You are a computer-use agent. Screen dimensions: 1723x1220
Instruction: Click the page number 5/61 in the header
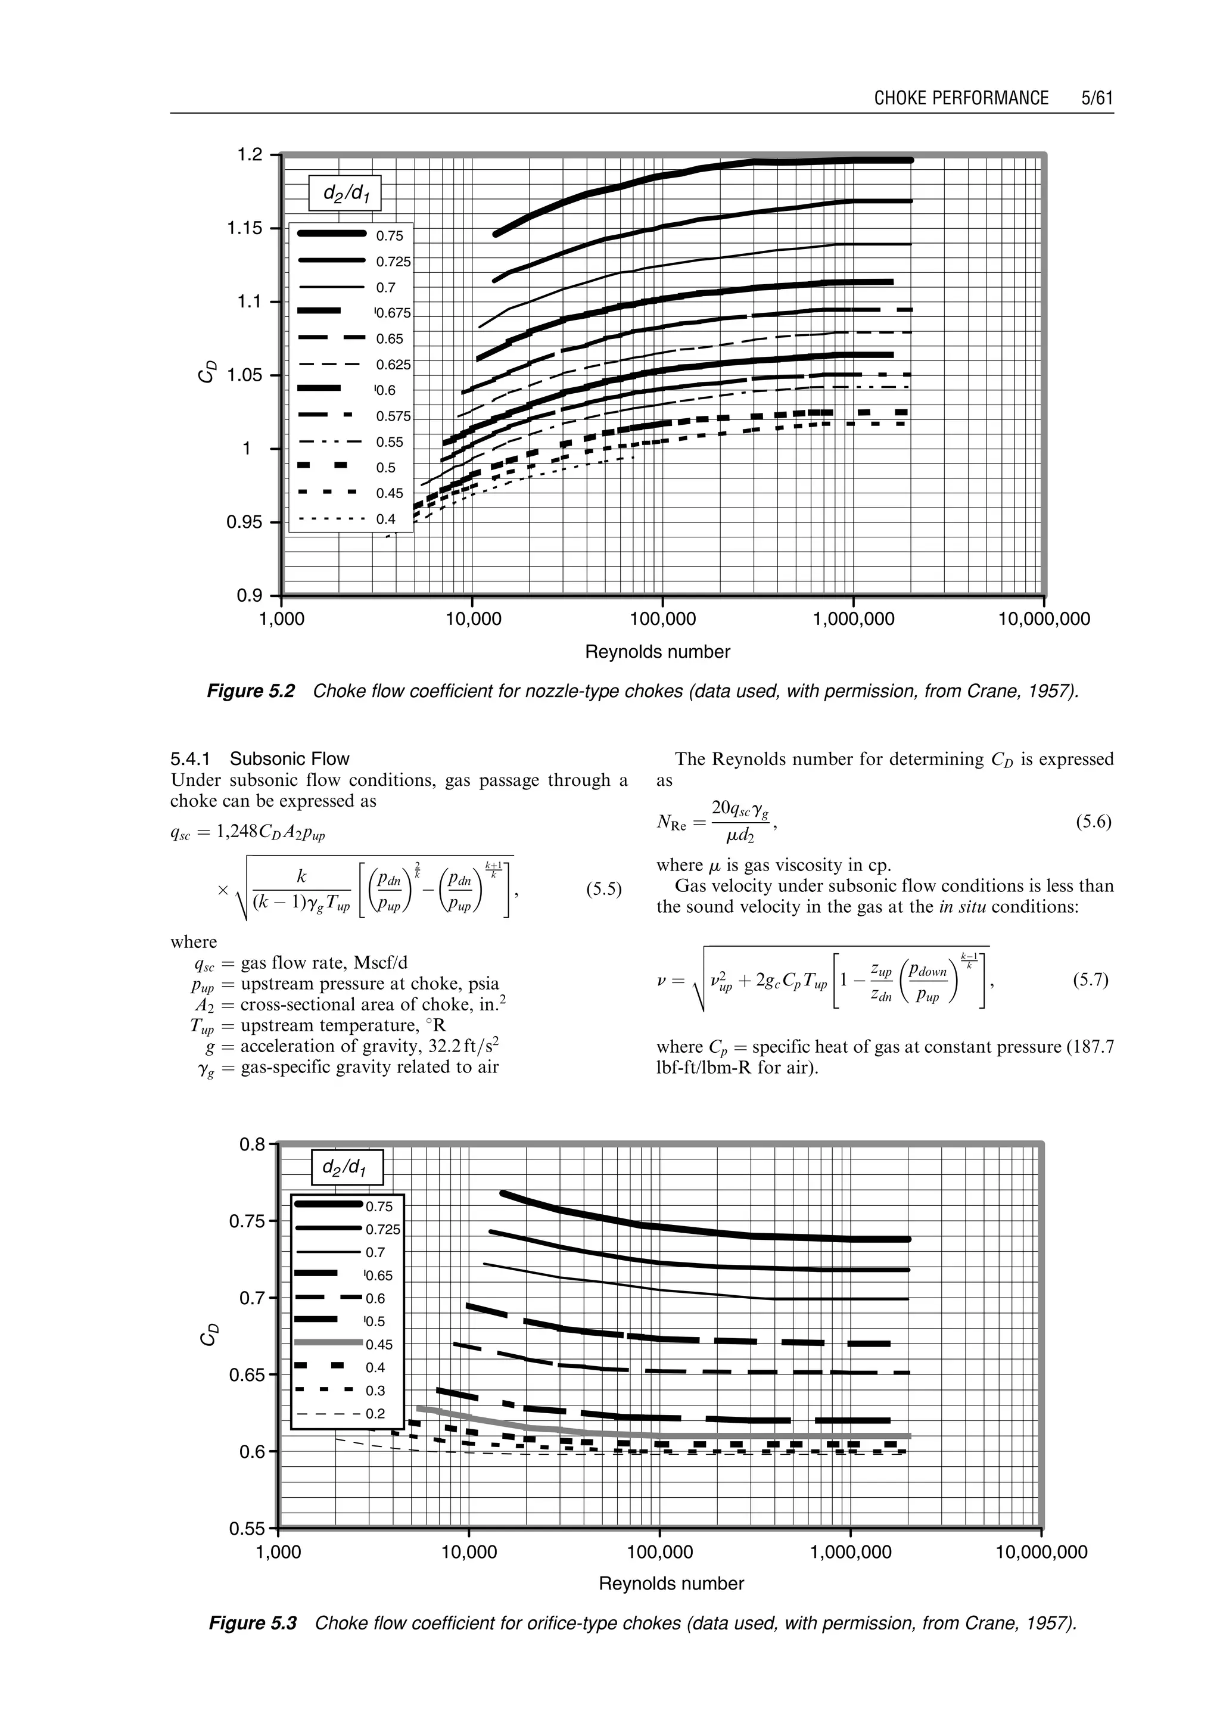[x=1096, y=98]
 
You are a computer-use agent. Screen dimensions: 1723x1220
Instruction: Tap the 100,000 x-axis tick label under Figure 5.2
[x=662, y=620]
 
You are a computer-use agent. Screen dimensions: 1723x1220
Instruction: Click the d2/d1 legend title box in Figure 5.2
[x=345, y=193]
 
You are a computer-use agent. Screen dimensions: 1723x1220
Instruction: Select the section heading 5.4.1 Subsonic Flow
[x=260, y=758]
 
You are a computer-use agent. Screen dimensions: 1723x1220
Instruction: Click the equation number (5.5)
[x=603, y=890]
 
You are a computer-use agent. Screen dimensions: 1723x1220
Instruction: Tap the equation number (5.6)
[x=1093, y=822]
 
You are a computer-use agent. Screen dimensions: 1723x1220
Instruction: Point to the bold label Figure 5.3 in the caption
[x=253, y=1623]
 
